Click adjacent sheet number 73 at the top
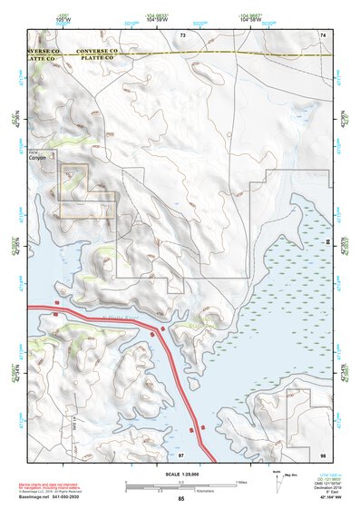pos(182,34)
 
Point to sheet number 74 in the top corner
pos(322,34)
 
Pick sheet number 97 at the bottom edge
pos(182,454)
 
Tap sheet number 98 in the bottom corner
pos(322,454)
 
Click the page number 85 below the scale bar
pos(181,499)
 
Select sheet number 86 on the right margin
pos(328,243)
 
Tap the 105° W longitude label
pos(63,17)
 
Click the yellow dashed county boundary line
pos(227,54)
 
